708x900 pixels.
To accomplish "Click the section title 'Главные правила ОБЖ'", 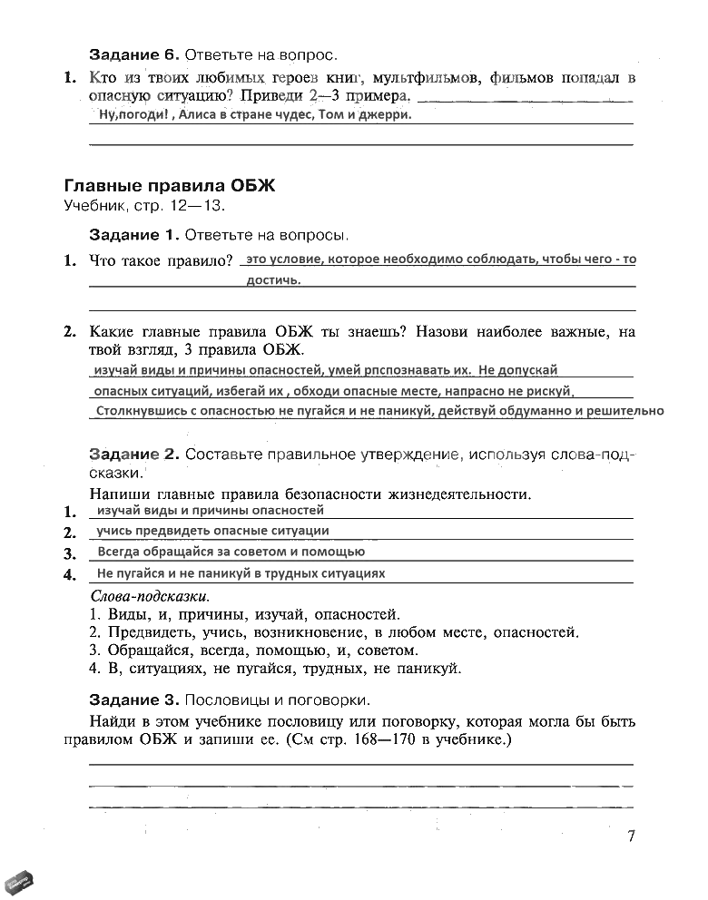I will pos(169,185).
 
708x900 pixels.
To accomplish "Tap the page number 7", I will pos(630,836).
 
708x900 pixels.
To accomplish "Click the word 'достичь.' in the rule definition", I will pos(273,280).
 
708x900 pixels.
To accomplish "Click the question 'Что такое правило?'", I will pos(161,260).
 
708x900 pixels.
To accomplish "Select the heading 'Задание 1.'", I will pos(133,235).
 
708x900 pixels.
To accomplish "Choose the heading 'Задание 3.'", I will pos(133,699).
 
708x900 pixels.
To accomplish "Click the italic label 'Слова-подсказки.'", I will pos(150,597).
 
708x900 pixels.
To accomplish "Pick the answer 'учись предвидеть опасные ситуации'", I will pos(212,531).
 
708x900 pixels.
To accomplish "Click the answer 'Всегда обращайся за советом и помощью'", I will pos(231,552).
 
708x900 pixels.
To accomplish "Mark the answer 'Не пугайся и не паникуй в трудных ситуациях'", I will pos(241,573).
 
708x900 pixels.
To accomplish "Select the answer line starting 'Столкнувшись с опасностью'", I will pos(379,411).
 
